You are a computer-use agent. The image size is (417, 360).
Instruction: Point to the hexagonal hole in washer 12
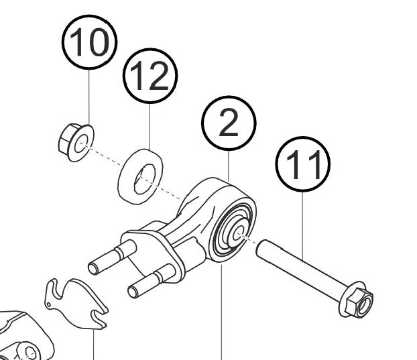click(x=143, y=180)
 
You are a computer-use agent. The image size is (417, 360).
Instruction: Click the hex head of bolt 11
click(x=357, y=302)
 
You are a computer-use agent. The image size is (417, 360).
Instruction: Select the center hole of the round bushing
click(x=237, y=233)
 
